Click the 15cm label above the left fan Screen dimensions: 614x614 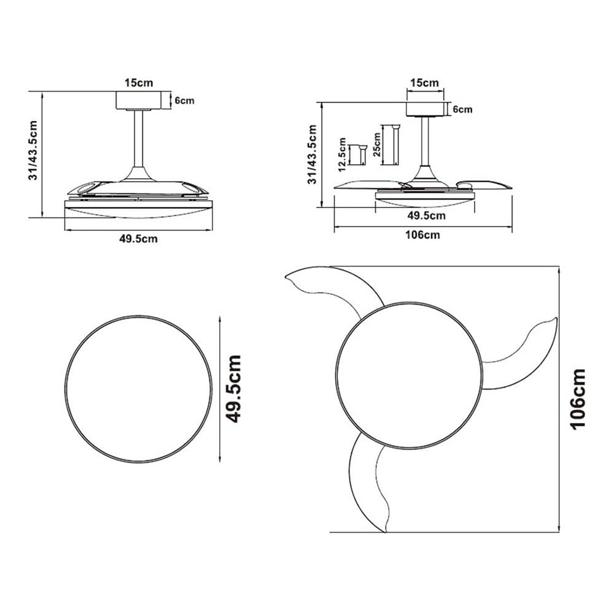pos(139,83)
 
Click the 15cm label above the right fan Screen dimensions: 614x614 pos(424,83)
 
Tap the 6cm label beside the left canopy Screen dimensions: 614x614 pos(184,101)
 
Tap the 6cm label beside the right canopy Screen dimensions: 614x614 pos(462,109)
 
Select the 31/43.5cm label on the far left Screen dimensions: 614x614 pos(33,150)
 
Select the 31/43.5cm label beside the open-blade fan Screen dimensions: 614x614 pos(312,154)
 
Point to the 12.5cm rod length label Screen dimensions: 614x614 pos(342,155)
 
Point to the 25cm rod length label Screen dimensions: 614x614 pos(377,144)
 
